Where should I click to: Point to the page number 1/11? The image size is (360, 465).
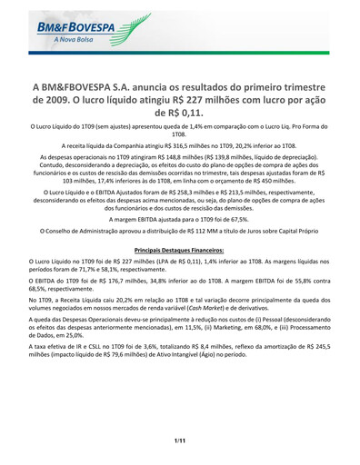180,440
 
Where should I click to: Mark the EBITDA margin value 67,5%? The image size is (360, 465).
236,219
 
